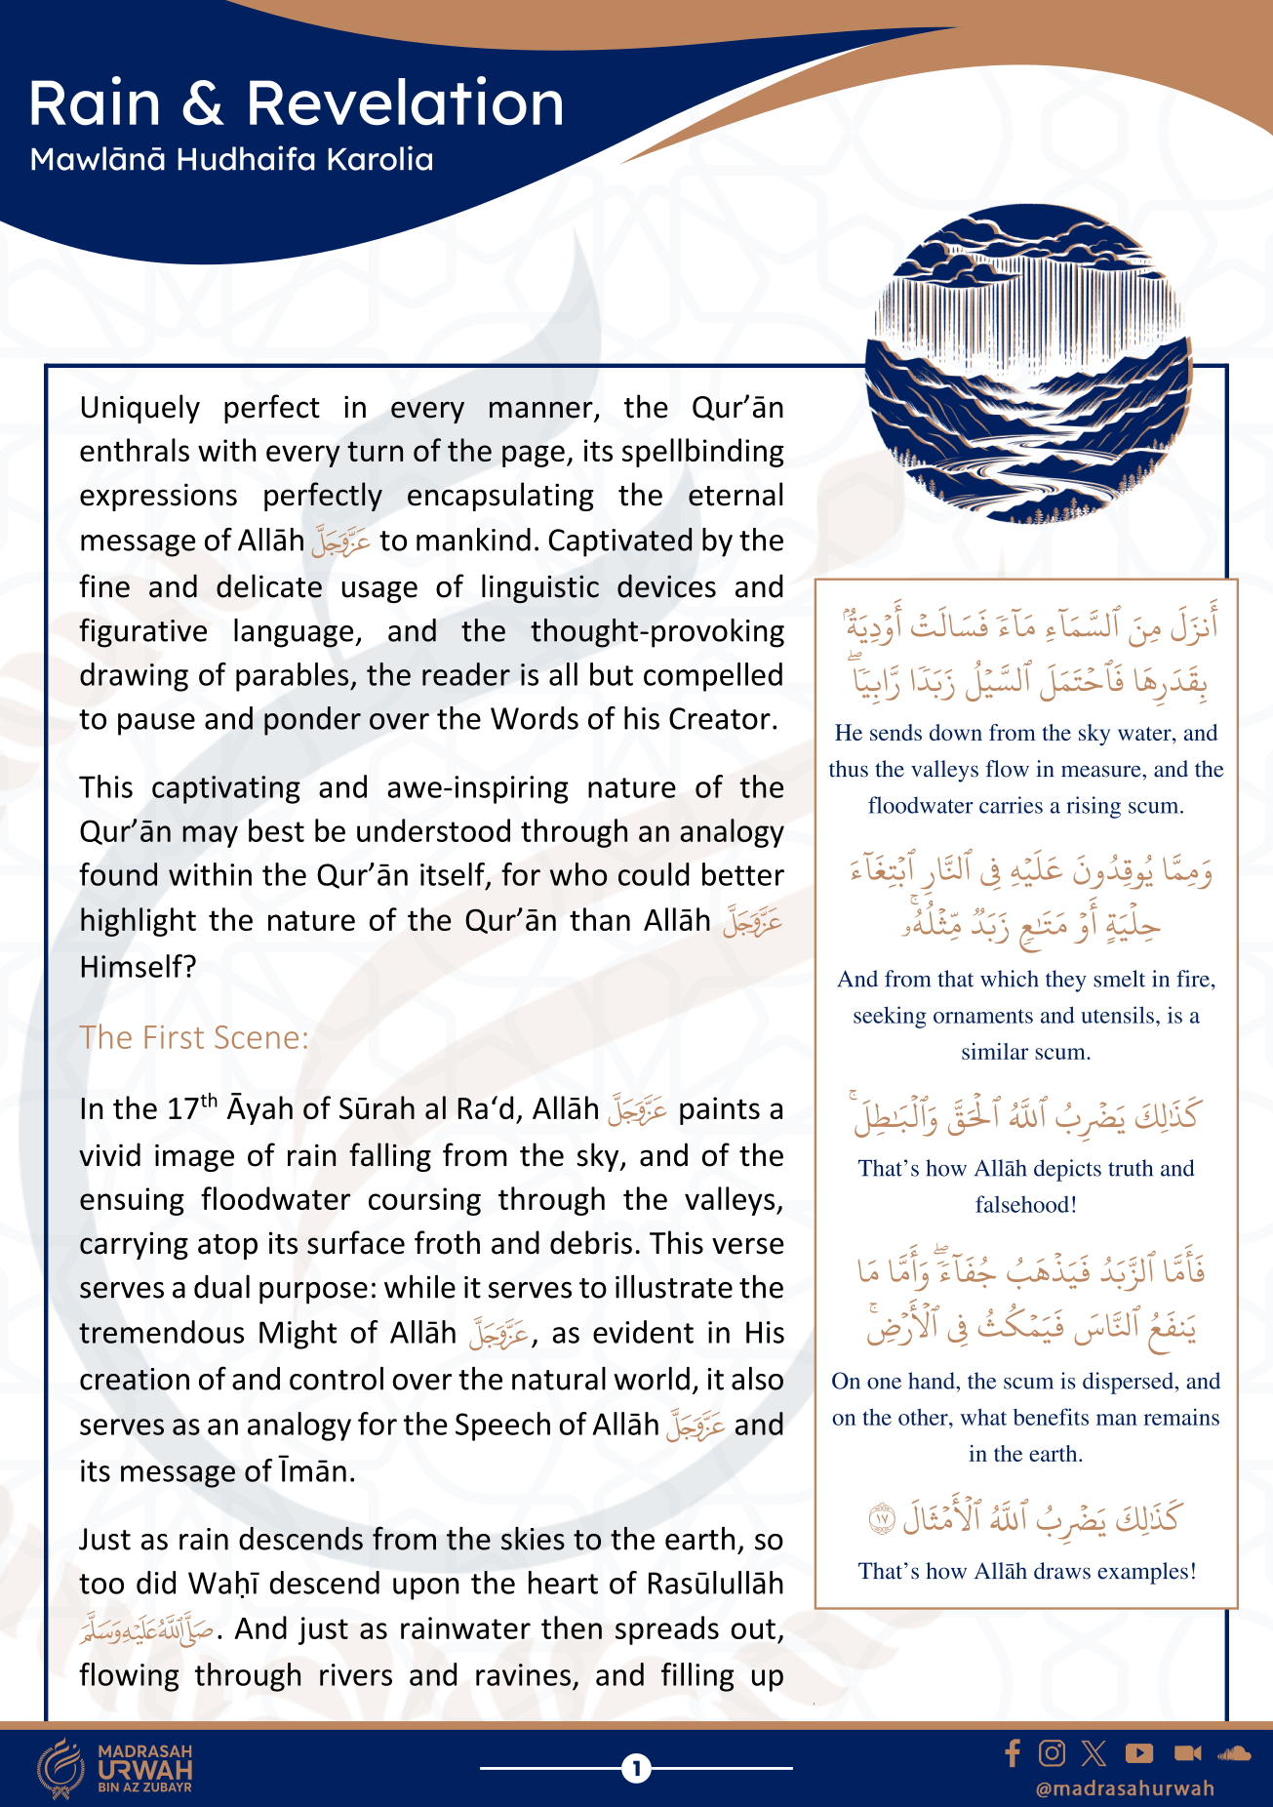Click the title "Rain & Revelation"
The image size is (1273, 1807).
click(x=297, y=103)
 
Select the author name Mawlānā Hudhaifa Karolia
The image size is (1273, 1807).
click(x=231, y=159)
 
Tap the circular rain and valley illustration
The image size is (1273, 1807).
click(x=1028, y=363)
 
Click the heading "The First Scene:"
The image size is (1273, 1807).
click(x=194, y=1037)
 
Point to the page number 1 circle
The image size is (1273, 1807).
click(x=636, y=1767)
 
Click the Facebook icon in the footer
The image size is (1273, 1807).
click(x=1013, y=1753)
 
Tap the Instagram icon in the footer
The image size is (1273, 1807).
click(x=1052, y=1753)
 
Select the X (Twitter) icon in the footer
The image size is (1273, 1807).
click(x=1094, y=1753)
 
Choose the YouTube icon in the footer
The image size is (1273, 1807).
click(x=1138, y=1753)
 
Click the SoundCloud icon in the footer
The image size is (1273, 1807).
click(x=1234, y=1753)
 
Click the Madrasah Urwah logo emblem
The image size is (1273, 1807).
click(x=61, y=1767)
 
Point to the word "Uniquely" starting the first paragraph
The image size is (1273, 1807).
click(x=139, y=407)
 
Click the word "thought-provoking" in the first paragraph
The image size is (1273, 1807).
click(x=656, y=631)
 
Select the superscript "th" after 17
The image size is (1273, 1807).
click(x=209, y=1101)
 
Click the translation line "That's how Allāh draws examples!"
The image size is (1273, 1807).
click(x=1026, y=1571)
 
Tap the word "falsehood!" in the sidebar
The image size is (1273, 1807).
click(x=1026, y=1205)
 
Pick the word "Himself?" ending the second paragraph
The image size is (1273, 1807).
click(x=138, y=967)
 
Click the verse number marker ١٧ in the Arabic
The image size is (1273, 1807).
click(x=882, y=1518)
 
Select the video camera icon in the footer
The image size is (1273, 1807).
click(x=1187, y=1753)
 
